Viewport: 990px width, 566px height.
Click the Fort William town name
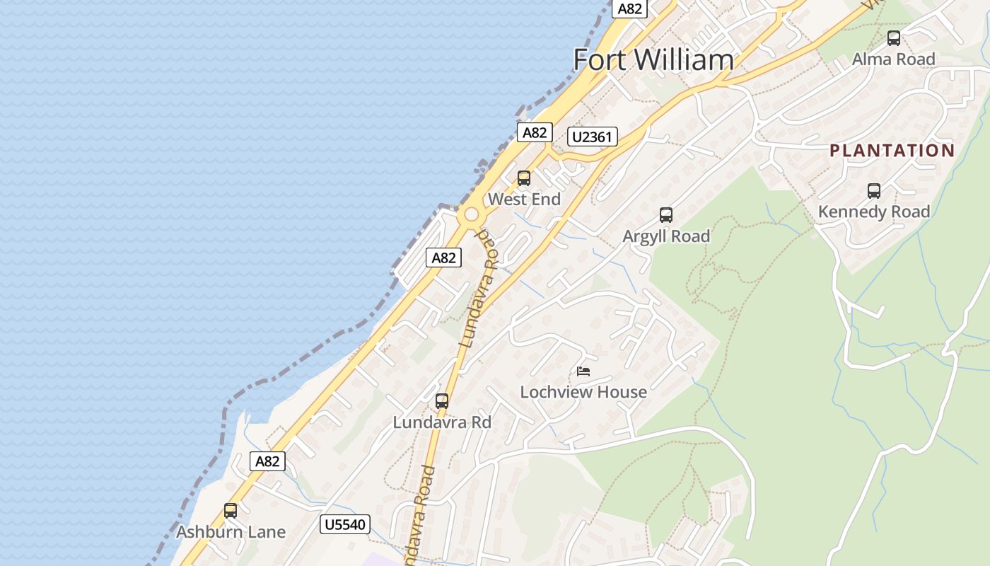(653, 59)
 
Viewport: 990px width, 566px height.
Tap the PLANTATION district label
(892, 150)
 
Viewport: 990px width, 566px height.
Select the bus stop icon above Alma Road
(894, 38)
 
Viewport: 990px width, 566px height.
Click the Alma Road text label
(894, 59)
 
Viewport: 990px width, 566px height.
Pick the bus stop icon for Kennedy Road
(874, 191)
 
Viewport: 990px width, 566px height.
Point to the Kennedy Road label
(874, 212)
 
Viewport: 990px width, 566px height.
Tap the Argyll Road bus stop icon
(665, 215)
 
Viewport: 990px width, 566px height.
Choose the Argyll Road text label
(665, 236)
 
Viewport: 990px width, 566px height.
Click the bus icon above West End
(524, 178)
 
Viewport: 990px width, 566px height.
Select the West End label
(524, 200)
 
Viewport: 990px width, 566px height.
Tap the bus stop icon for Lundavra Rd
(442, 401)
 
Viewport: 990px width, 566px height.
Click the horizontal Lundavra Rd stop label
(442, 422)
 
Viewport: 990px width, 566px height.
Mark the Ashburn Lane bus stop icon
(231, 511)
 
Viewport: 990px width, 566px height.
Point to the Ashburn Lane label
(231, 532)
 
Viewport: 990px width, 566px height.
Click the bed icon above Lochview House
(583, 371)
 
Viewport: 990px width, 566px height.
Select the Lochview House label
(583, 392)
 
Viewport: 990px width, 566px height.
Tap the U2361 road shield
(592, 137)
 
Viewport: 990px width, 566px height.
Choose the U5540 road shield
(345, 524)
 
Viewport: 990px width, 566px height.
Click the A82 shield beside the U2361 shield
(534, 132)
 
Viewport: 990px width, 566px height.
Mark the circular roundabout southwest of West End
(471, 214)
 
